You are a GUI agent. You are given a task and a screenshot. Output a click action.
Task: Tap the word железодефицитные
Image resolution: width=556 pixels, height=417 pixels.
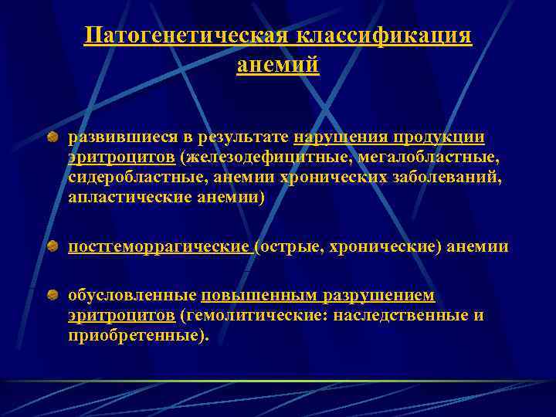(x=267, y=158)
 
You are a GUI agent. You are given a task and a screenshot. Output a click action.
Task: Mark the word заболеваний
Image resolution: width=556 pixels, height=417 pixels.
(x=444, y=178)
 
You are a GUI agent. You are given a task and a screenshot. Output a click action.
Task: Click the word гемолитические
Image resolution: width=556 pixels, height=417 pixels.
(x=255, y=316)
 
